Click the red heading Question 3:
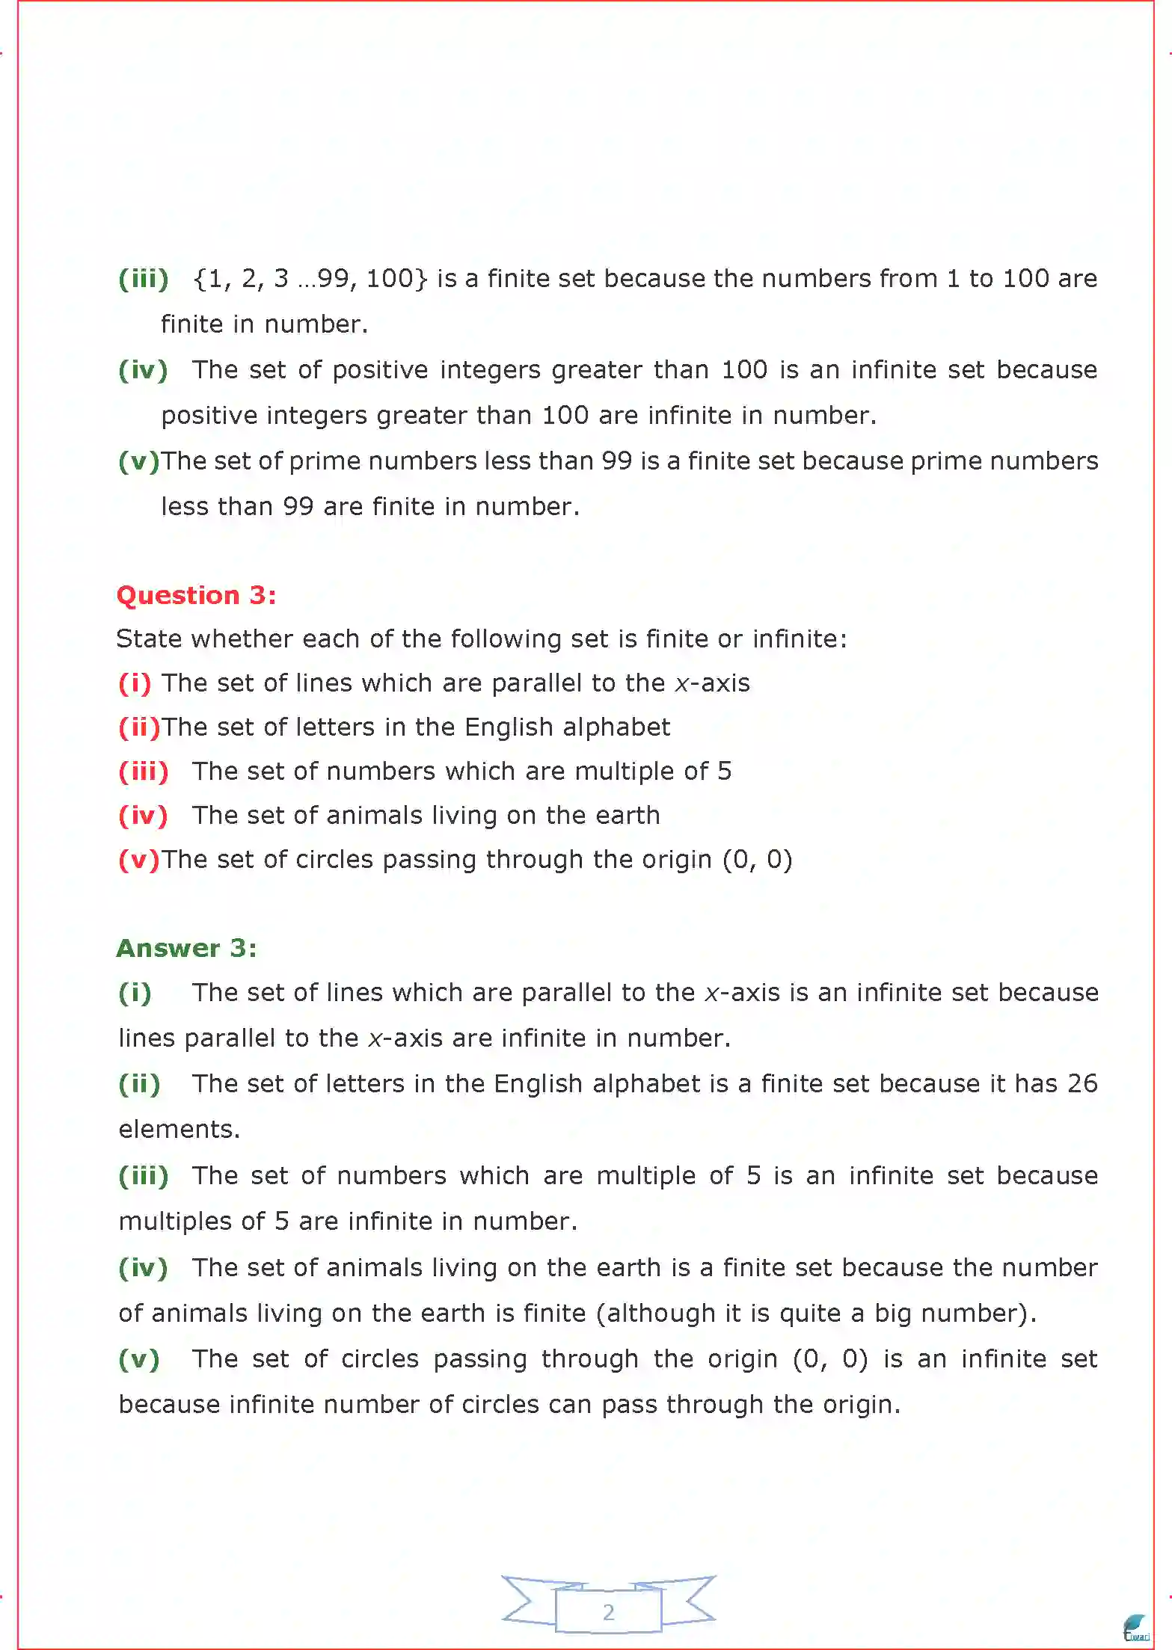click(x=196, y=595)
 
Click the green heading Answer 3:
click(x=186, y=948)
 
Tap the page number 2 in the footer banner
click(x=608, y=1612)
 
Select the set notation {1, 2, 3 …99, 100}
click(x=310, y=279)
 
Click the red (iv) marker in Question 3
click(x=143, y=815)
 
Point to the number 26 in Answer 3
click(x=1082, y=1083)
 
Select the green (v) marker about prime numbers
click(x=139, y=461)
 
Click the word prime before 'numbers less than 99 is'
click(x=325, y=461)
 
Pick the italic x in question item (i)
click(x=681, y=683)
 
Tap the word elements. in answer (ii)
click(x=179, y=1129)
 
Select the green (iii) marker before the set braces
click(x=143, y=279)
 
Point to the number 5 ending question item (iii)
click(x=724, y=771)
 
